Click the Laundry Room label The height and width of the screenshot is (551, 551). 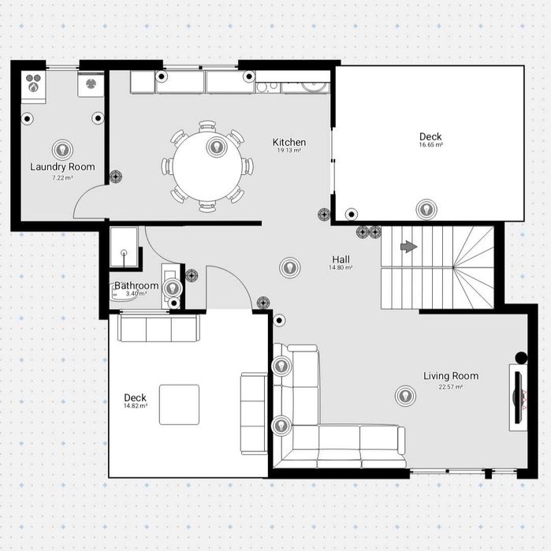pos(62,166)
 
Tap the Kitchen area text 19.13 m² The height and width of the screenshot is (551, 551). pos(289,150)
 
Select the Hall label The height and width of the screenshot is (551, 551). pos(341,259)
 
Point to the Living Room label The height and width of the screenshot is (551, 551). pos(451,376)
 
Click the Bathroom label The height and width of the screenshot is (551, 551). pos(136,285)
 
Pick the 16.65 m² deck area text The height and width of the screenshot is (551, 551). pos(430,144)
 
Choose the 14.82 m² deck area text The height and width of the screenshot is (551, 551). pos(136,405)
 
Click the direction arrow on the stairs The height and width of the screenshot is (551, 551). pos(408,246)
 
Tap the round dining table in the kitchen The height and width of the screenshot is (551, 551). pos(207,166)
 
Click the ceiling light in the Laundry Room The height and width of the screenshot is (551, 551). pos(62,150)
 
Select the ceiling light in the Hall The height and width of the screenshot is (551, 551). pos(290,267)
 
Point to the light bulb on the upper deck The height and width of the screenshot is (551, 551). pos(426,210)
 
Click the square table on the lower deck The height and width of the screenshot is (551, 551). pos(179,404)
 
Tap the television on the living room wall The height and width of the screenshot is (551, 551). pos(518,397)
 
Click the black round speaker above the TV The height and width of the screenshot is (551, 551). pos(521,358)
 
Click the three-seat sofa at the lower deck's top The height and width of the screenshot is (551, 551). pos(158,328)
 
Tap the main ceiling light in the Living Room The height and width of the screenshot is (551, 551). pos(405,396)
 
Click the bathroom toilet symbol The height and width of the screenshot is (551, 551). pos(120,293)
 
